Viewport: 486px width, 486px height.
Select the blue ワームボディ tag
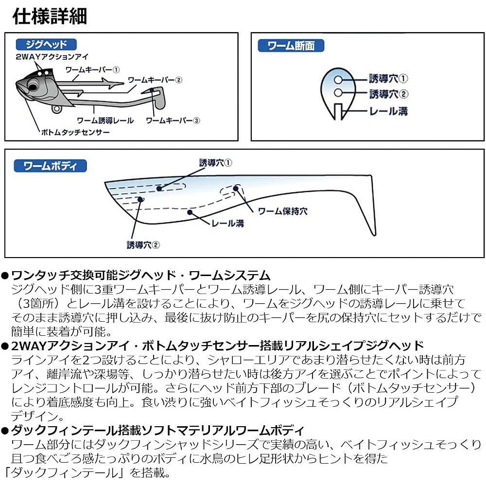tap(50, 166)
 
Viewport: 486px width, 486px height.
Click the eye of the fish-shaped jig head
tap(33, 87)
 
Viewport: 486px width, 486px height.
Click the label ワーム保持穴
tap(282, 211)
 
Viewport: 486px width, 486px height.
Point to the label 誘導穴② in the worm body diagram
tap(143, 245)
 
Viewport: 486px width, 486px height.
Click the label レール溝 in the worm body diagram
tap(227, 224)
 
